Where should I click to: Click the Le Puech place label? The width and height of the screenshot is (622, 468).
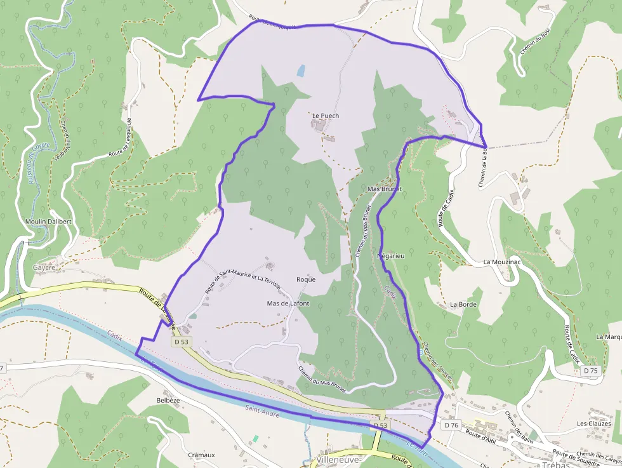(x=326, y=116)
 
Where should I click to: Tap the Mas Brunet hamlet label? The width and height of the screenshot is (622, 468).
(x=385, y=189)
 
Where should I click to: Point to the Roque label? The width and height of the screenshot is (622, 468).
(x=306, y=279)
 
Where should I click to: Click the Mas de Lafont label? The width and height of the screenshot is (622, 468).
(x=288, y=304)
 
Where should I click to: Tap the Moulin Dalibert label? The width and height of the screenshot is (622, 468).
(x=48, y=221)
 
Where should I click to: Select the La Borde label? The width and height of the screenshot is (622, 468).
(x=463, y=304)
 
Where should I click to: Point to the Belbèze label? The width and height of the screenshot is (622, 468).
(x=168, y=401)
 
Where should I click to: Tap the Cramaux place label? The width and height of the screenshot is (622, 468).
(x=201, y=455)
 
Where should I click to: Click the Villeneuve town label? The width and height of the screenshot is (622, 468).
(x=338, y=459)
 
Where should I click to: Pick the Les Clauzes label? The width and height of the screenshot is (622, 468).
(x=593, y=424)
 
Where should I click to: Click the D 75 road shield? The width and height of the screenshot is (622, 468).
(x=590, y=371)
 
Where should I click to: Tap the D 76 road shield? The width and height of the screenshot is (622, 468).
(x=451, y=425)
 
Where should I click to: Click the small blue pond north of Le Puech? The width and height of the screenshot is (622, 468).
(x=300, y=71)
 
